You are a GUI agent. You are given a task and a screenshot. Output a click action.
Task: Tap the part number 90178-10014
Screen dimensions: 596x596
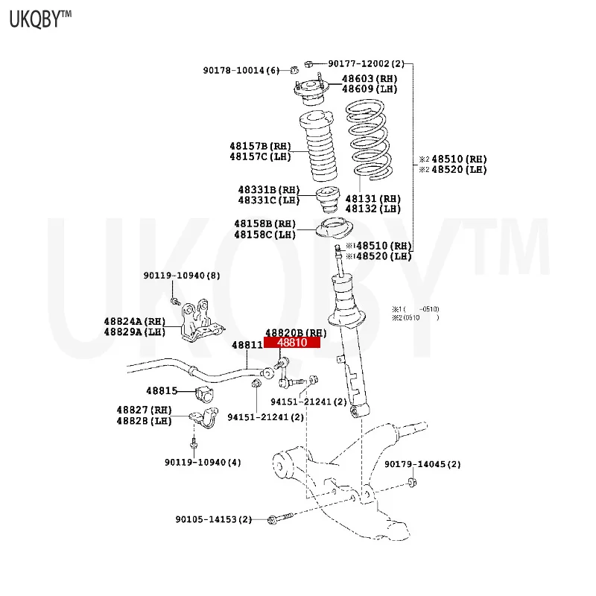pos(241,70)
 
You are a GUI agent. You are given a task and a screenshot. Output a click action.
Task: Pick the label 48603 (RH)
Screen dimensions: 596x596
pos(370,79)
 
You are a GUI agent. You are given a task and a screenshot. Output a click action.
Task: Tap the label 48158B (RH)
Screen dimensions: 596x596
pos(265,223)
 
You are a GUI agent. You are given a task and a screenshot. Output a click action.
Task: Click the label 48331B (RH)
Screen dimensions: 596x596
pos(268,190)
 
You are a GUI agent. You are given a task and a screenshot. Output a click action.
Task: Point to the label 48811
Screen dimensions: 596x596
pos(247,345)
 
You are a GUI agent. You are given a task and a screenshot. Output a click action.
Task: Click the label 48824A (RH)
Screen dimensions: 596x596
pos(134,321)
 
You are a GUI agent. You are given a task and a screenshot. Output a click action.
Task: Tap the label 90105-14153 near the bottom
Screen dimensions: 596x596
pos(214,519)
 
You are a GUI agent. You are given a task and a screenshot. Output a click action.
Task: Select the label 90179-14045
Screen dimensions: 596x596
pos(422,464)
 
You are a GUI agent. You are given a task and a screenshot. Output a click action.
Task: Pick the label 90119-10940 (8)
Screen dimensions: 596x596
pos(182,276)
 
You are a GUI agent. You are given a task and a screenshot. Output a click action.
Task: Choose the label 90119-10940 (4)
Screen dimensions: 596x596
pos(203,463)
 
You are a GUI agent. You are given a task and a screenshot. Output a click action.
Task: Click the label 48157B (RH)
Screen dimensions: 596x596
pos(260,146)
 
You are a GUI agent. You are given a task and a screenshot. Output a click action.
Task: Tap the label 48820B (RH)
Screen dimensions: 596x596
pos(297,332)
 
